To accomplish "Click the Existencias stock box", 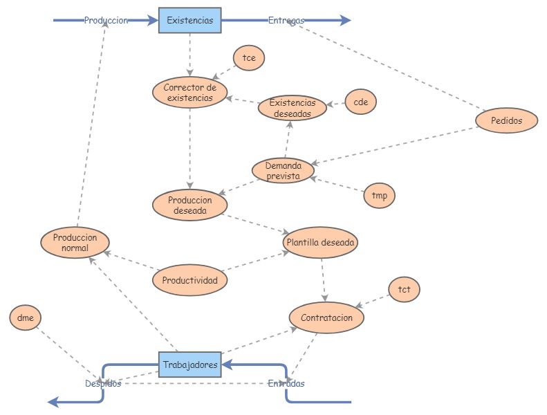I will [190, 20].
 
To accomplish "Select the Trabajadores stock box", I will [190, 364].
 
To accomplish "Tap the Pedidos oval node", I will [507, 120].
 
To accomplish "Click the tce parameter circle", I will [249, 58].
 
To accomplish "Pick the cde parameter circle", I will [360, 102].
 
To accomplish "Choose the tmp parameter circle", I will [379, 196].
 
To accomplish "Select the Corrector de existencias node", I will [190, 93].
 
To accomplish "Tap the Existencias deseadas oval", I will [292, 108].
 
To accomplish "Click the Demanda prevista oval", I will [283, 171].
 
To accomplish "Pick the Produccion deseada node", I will [190, 205].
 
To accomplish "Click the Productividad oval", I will [189, 280].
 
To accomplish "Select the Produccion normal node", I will [75, 242].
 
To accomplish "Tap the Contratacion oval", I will [326, 317].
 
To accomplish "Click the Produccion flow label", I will [106, 21].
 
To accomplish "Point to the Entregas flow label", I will [286, 21].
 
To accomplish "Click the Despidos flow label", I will [103, 383].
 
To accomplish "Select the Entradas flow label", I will [286, 383].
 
